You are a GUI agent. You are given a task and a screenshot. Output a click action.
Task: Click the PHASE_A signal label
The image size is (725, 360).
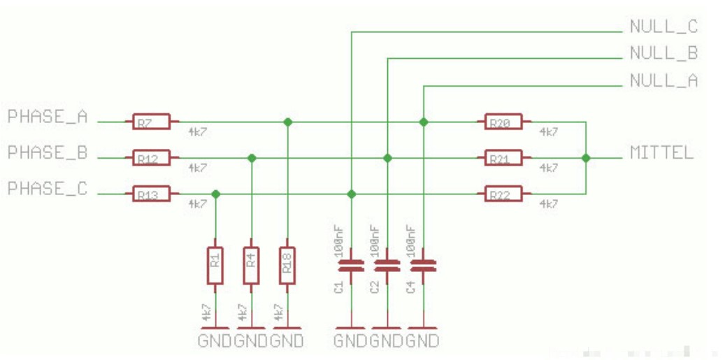48,117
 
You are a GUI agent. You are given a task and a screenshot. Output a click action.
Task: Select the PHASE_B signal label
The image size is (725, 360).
48,152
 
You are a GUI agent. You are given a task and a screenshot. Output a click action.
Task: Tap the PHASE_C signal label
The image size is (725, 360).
48,189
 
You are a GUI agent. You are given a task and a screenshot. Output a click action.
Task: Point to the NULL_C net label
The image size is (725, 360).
663,27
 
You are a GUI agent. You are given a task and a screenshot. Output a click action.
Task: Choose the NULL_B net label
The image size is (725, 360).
663,53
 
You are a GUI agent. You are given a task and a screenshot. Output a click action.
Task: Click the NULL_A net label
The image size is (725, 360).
663,80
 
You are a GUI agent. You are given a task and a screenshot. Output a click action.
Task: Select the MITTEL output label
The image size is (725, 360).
661,152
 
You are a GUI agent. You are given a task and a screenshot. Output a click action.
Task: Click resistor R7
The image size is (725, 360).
151,122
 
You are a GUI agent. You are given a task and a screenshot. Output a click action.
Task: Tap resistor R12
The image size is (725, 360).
151,159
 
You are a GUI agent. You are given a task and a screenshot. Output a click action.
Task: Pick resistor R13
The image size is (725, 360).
151,194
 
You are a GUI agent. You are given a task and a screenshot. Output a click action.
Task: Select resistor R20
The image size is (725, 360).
503,122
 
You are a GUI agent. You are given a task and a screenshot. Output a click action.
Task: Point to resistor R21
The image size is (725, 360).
503,159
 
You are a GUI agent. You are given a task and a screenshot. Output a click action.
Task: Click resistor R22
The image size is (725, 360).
503,194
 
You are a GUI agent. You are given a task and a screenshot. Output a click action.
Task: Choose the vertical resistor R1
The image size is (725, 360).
215,265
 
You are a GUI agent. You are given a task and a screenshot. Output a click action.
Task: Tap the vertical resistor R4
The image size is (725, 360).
252,265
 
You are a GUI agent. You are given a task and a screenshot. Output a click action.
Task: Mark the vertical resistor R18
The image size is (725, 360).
287,265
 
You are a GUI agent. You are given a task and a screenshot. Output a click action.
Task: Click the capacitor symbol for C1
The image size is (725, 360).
351,266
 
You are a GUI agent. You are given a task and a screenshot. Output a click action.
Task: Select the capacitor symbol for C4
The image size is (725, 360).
423,266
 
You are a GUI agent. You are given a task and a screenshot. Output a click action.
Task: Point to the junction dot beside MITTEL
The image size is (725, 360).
586,159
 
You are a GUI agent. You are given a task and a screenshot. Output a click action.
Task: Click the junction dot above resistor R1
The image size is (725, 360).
215,194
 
